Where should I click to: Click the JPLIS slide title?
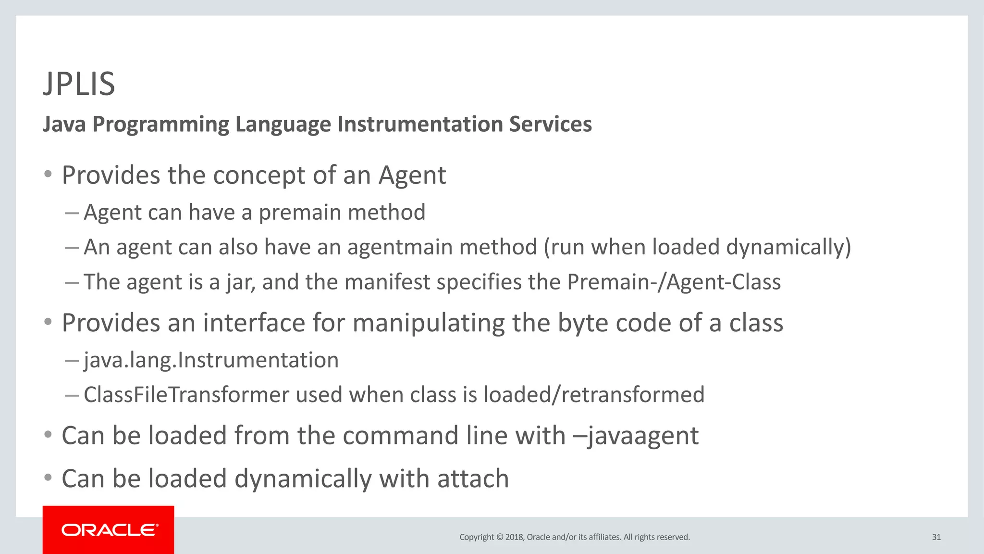coord(79,84)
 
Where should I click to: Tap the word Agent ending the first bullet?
coord(412,175)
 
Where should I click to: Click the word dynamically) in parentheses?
coord(788,247)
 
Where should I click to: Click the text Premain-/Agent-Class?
coord(674,282)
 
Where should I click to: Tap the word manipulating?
coord(429,323)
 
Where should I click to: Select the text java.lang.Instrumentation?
coord(211,360)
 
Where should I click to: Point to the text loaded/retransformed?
coord(594,395)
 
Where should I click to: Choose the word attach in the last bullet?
coord(473,479)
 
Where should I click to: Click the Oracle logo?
coord(109,530)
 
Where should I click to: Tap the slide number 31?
coord(936,537)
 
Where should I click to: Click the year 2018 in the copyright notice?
coord(514,537)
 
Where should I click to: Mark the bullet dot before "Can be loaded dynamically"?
coord(48,478)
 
